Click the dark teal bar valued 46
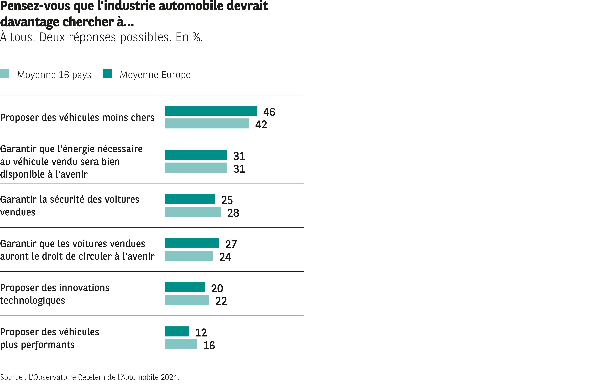(211, 111)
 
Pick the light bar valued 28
(193, 212)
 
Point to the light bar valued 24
(189, 256)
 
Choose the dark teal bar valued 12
(177, 331)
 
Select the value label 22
(221, 301)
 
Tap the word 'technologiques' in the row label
(33, 301)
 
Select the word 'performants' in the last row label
(48, 345)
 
